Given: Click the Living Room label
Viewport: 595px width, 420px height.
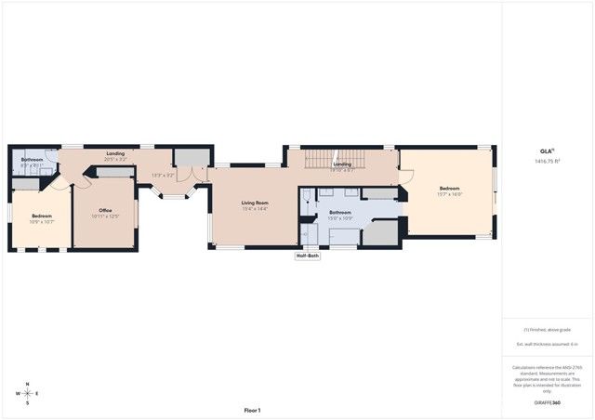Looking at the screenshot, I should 255,203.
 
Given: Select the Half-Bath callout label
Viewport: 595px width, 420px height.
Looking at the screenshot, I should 308,256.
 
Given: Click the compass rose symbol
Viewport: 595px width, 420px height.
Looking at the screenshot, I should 28,393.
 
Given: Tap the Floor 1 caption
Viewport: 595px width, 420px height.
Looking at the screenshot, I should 252,410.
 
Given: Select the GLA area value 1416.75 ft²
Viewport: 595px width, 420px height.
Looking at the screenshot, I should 547,162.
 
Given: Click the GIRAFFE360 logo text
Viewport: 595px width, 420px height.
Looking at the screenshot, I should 547,403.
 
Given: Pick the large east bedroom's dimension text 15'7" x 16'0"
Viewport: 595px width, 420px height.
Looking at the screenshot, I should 450,194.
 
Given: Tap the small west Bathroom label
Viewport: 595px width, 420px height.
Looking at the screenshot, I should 33,159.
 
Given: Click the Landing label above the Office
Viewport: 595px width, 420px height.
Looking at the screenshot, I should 115,153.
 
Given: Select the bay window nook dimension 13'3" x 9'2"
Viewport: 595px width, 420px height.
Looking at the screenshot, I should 163,175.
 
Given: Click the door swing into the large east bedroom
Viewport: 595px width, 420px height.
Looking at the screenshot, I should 405,177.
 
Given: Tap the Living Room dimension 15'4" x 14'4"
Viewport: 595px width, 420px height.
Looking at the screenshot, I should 255,209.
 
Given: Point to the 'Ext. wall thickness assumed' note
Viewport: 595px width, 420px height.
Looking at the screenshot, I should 547,344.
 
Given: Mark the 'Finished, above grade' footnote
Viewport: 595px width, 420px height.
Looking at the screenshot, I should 547,328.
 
